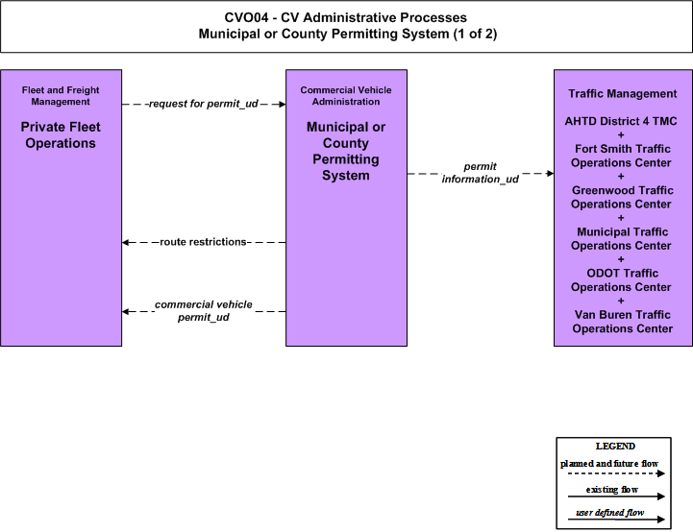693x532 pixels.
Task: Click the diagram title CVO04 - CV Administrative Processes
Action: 346,17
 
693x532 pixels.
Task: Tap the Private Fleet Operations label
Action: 61,135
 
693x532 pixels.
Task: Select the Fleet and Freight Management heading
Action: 61,96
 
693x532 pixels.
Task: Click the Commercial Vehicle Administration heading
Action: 346,96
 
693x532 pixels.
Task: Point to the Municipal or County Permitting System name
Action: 346,151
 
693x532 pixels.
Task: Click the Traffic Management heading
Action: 622,93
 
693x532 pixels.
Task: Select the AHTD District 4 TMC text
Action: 621,121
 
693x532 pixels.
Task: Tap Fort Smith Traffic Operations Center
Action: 622,156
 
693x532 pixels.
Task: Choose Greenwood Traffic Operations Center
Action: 622,198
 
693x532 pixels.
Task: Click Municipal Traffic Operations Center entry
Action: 622,239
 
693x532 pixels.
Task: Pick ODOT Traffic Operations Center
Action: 622,280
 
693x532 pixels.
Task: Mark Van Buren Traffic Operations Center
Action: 622,322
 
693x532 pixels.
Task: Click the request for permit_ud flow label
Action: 204,104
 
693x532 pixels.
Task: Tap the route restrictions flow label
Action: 204,242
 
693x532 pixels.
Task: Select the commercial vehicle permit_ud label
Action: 204,311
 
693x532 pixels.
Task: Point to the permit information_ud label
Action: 480,173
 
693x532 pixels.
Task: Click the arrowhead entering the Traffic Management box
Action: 550,173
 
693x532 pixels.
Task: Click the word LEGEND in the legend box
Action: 615,447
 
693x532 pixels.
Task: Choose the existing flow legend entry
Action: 612,490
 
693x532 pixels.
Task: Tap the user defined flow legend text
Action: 610,513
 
